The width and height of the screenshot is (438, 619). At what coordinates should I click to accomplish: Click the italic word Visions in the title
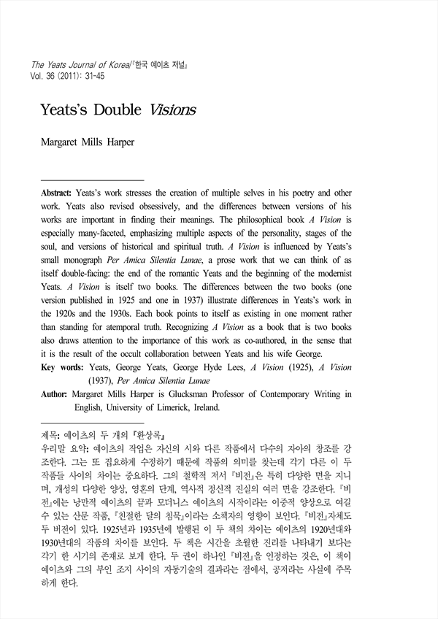[x=174, y=110]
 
